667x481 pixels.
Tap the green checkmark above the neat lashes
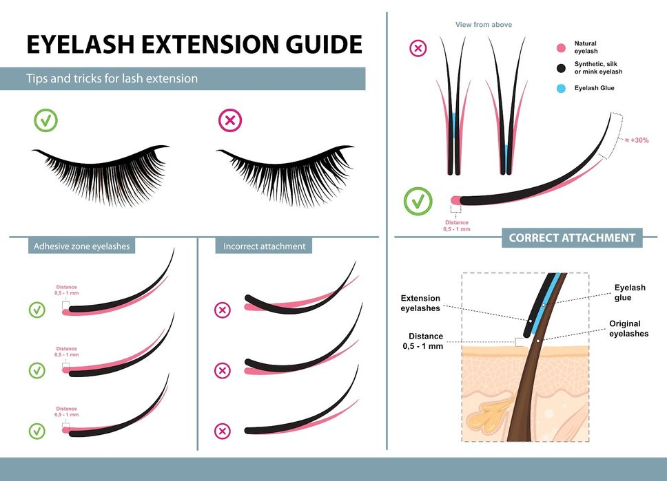(x=46, y=120)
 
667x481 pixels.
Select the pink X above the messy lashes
(x=229, y=120)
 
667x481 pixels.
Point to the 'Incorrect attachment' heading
(x=264, y=246)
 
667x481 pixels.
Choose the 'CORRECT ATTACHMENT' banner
(x=572, y=238)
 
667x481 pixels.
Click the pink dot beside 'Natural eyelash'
(x=562, y=48)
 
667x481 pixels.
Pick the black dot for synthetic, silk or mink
(x=562, y=67)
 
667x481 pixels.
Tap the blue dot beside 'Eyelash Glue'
(x=562, y=88)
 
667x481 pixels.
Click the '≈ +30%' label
(x=637, y=140)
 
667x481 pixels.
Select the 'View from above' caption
(x=483, y=25)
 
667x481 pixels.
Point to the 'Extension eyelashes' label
(x=420, y=303)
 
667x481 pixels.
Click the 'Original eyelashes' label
(x=628, y=328)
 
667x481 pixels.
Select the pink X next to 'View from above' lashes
(x=418, y=48)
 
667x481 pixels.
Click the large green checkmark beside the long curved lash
(x=418, y=201)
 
